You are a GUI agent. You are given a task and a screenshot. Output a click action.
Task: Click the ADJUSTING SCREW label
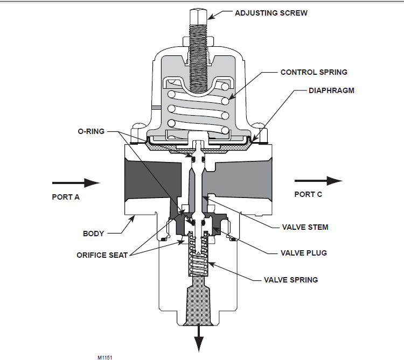(271, 13)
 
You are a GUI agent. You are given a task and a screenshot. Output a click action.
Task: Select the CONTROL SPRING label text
(314, 72)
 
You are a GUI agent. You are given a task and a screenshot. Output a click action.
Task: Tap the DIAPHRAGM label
(331, 90)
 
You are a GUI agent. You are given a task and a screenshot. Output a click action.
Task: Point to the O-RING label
(91, 131)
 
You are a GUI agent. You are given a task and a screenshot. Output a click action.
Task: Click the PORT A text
(66, 197)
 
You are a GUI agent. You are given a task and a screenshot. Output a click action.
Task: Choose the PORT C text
(308, 195)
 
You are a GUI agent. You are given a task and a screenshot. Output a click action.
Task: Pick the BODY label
(93, 234)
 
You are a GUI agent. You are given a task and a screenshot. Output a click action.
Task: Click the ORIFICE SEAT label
(102, 255)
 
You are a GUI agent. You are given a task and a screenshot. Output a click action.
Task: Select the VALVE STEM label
(305, 227)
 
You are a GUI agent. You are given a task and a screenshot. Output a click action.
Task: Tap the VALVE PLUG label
(303, 253)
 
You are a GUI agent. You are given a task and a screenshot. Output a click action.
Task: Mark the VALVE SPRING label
(291, 280)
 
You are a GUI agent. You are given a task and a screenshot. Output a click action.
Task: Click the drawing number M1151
(105, 357)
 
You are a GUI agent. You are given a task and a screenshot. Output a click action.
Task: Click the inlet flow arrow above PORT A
(76, 183)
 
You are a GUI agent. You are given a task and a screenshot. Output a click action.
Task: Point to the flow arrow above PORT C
(318, 181)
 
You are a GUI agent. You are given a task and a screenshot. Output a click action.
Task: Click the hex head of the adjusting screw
(198, 17)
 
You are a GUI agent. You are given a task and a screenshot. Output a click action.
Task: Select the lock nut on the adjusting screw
(198, 41)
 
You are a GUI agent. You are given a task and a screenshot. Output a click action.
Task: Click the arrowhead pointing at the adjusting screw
(211, 17)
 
